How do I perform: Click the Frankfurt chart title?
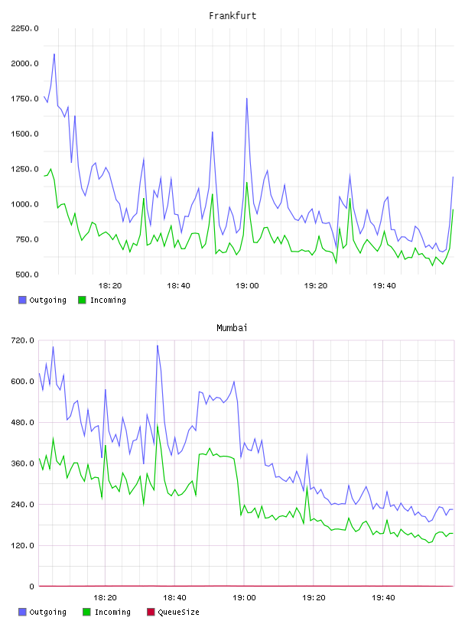(232, 15)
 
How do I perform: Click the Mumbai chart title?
(232, 327)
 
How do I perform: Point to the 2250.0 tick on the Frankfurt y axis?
(24, 28)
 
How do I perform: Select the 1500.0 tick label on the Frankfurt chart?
(24, 134)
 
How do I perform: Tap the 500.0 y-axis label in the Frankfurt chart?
(27, 275)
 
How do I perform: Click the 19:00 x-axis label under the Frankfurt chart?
(247, 285)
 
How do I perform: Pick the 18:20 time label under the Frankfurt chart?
(110, 285)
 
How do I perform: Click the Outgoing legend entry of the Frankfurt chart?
(43, 300)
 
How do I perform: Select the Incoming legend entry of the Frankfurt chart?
(102, 300)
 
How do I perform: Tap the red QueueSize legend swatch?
(151, 612)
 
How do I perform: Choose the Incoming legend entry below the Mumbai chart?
(107, 612)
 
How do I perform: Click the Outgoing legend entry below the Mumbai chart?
(43, 612)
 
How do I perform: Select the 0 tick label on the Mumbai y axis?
(31, 587)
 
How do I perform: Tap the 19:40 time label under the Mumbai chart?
(383, 597)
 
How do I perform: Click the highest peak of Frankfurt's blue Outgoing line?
(54, 54)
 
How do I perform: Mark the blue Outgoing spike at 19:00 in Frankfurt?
(247, 99)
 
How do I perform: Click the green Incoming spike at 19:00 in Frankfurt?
(247, 183)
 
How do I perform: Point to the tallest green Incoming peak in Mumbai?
(158, 426)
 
